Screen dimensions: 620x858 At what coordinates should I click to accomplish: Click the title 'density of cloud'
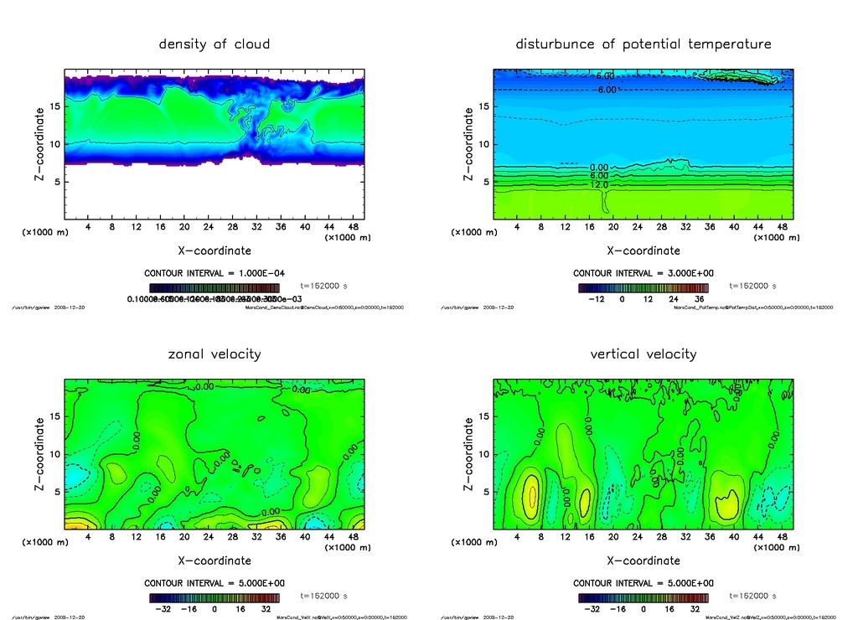coord(214,44)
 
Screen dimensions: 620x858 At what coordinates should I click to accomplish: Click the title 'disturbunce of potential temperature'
coord(643,44)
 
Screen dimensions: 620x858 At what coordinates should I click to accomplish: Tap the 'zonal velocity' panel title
coord(214,354)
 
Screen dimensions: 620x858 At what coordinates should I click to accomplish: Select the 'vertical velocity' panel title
coord(643,354)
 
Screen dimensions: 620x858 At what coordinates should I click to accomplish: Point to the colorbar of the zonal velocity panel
coord(214,598)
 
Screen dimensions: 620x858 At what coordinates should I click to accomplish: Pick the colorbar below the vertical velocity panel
coord(643,598)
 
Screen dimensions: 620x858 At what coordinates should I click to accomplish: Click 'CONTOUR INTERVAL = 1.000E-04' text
coord(214,273)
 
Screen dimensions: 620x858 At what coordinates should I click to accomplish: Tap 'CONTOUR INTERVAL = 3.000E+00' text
coord(643,273)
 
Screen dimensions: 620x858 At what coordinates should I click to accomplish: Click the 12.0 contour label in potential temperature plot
coord(601,184)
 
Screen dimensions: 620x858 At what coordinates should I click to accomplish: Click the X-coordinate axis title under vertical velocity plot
coord(643,560)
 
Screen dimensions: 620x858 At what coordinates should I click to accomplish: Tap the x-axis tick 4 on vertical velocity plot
coord(517,537)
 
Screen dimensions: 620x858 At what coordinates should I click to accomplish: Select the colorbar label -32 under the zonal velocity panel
coord(163,610)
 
